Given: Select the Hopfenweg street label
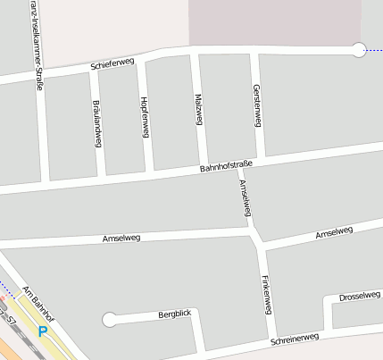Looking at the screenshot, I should tap(145, 115).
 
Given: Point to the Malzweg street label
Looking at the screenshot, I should tap(198, 112).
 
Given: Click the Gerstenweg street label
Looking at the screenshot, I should tap(256, 109).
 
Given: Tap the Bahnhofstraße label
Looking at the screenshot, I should tap(227, 165).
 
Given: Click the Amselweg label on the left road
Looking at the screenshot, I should tap(121, 239).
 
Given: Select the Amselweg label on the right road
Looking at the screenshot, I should tap(335, 234).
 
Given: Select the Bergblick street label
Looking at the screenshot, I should tap(175, 314).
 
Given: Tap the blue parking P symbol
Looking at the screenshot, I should tap(42, 332).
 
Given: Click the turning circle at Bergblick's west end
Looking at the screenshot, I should tap(110, 319).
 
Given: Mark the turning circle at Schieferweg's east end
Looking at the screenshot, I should tap(359, 50).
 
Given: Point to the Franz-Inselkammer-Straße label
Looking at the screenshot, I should tap(35, 27).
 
